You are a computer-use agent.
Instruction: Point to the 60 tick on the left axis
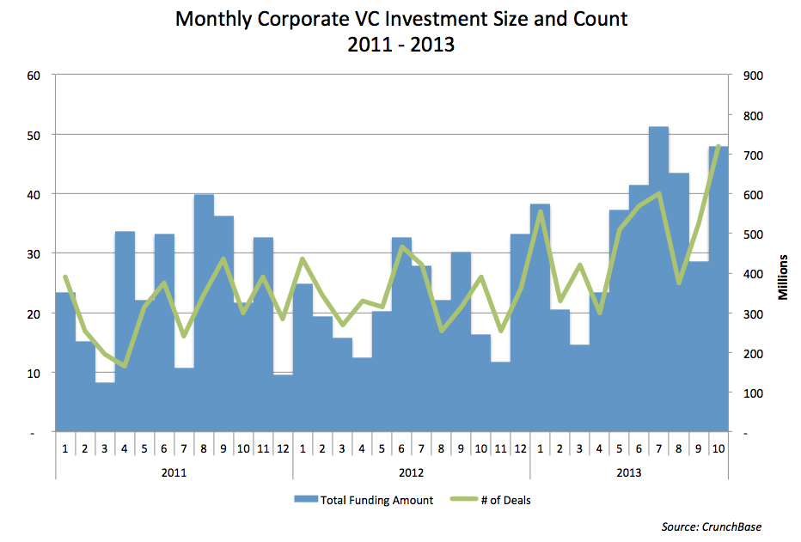coord(34,75)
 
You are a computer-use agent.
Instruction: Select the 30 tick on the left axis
coord(34,253)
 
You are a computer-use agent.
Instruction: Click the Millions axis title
coord(783,277)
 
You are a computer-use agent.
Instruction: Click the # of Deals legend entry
coord(499,500)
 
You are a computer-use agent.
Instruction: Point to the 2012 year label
coord(411,472)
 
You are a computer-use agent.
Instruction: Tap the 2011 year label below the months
coord(174,472)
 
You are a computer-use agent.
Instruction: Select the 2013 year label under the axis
coord(628,472)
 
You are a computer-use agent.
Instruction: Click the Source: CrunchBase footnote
coord(712,527)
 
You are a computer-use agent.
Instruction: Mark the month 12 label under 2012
coord(519,448)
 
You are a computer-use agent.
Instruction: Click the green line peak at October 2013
coord(718,147)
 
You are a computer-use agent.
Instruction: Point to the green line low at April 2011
coord(125,366)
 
